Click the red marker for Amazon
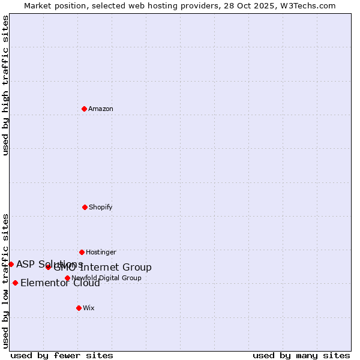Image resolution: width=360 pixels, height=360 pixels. pyautogui.click(x=84, y=109)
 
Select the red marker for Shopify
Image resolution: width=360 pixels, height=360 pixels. pyautogui.click(x=85, y=207)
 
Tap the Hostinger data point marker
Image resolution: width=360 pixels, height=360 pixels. pyautogui.click(x=82, y=252)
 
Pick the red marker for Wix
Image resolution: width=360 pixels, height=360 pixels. pyautogui.click(x=79, y=308)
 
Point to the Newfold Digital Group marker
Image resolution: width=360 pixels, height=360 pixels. pyautogui.click(x=67, y=278)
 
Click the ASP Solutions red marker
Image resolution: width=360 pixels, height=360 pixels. pyautogui.click(x=11, y=264)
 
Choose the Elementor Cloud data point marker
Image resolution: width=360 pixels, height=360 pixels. pyautogui.click(x=15, y=283)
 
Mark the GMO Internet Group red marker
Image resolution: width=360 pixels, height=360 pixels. pyautogui.click(x=48, y=267)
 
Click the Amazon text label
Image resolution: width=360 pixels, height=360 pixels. pyautogui.click(x=101, y=109)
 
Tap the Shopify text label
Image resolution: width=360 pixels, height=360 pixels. pyautogui.click(x=101, y=208)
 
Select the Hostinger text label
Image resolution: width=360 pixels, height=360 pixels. pyautogui.click(x=101, y=253)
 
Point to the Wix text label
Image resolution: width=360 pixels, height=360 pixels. pyautogui.click(x=89, y=308)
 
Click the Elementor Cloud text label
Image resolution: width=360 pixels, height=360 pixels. pyautogui.click(x=60, y=283)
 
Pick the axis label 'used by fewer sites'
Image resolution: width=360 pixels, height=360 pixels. pyautogui.click(x=62, y=355)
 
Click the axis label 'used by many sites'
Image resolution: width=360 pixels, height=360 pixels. pyautogui.click(x=301, y=355)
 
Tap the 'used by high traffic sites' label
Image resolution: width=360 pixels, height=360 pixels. pyautogui.click(x=5, y=85)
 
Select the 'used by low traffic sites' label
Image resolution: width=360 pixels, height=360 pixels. pyautogui.click(x=5, y=280)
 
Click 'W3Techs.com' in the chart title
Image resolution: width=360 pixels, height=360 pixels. pyautogui.click(x=310, y=5)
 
